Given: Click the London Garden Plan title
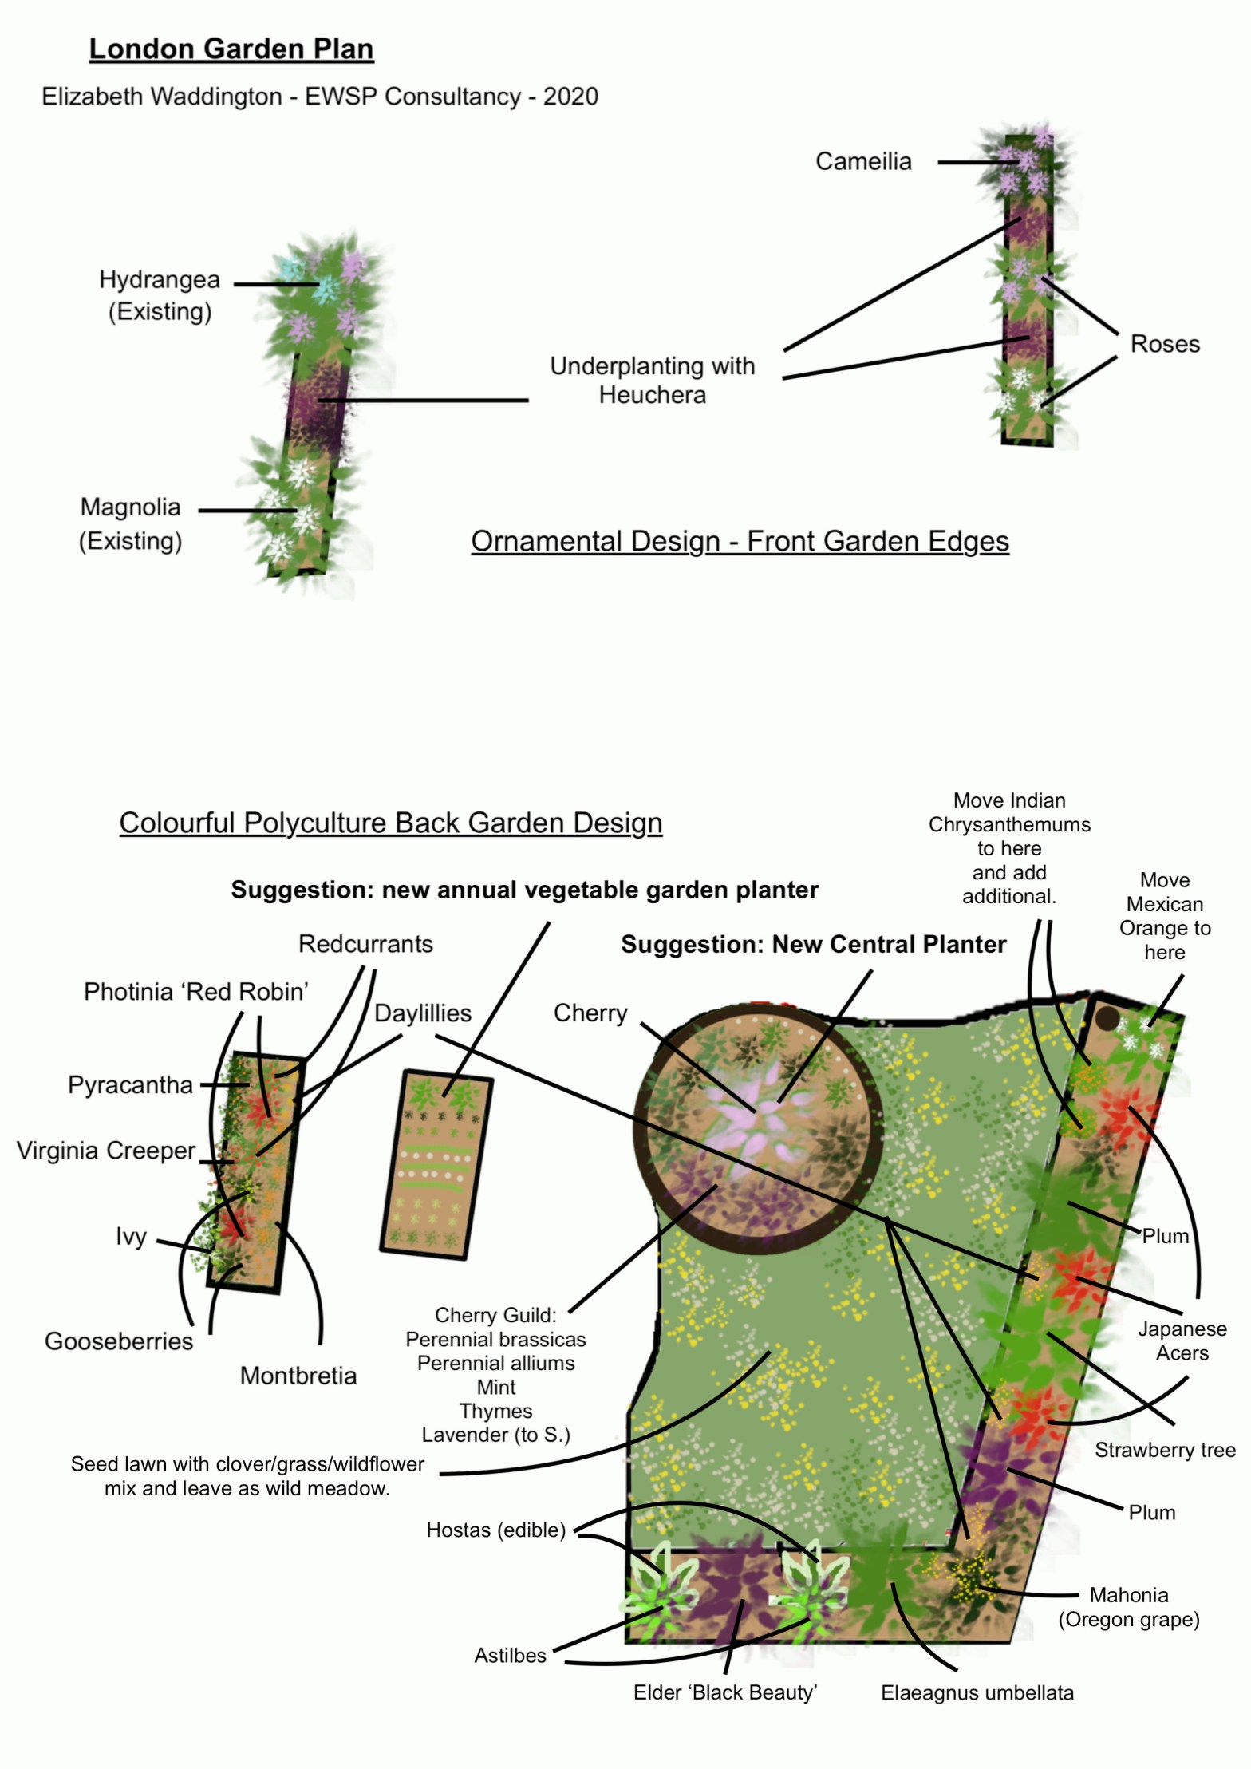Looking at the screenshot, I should [231, 49].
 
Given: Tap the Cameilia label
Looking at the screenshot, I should [862, 161].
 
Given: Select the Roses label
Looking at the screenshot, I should [1164, 344].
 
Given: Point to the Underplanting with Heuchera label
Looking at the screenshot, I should [652, 380].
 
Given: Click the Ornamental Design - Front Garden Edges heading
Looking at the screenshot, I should [740, 541].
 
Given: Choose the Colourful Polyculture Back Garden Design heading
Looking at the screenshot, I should [390, 823].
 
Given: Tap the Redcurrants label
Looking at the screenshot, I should [365, 944].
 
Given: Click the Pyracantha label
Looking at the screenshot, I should [130, 1085].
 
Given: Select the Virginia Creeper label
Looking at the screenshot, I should [106, 1151].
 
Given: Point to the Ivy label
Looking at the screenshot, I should [131, 1237].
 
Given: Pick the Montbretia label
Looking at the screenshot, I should [298, 1376].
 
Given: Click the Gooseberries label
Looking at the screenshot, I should [119, 1341].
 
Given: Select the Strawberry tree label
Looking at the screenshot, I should [1164, 1450].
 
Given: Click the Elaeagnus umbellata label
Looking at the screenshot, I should [977, 1692].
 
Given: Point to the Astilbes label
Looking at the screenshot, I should [510, 1656].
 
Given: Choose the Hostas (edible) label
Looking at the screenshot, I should [495, 1530].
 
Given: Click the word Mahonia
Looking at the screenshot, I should [1128, 1595].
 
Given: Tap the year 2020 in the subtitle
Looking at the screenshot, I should [570, 97].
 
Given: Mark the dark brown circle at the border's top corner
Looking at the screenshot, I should [1107, 1018].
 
